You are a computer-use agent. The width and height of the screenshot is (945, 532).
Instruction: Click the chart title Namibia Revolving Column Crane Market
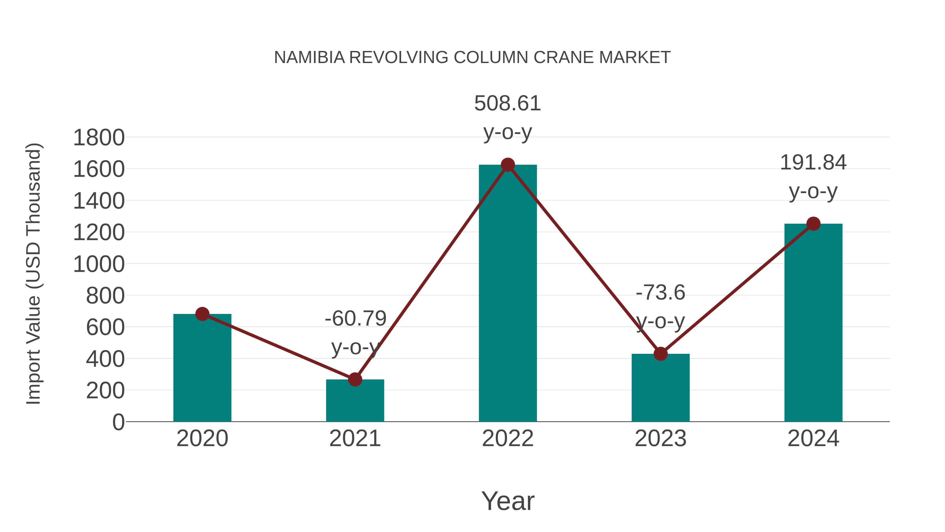pos(472,58)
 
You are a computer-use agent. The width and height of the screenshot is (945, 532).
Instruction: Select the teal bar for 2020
pos(202,371)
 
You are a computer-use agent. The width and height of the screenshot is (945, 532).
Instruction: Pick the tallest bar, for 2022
pos(507,294)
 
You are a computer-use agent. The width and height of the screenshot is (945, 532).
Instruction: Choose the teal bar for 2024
pos(813,323)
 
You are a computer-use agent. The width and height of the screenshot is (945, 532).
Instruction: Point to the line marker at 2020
pos(202,314)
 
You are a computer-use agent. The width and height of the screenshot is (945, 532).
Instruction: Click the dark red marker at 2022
pos(507,165)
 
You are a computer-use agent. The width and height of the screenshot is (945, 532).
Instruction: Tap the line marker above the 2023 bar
pos(660,354)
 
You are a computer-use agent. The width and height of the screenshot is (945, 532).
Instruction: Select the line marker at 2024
pos(813,224)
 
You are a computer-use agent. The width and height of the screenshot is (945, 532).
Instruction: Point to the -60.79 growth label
pos(355,318)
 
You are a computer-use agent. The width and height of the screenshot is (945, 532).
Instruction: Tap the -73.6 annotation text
pos(660,293)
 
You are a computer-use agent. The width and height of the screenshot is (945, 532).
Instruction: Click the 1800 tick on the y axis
pos(99,138)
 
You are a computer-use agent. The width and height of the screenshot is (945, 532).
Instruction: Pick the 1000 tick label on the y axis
pos(99,264)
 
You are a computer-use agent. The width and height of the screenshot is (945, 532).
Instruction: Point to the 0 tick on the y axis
pos(118,422)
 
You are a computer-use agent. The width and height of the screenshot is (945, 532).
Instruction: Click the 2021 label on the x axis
pos(355,439)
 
